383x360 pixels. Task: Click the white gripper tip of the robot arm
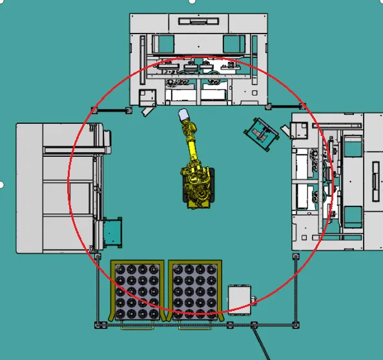[184, 115]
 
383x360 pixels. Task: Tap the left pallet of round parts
[136, 291]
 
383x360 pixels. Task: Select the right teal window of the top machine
[233, 45]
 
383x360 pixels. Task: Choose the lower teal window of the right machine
[353, 215]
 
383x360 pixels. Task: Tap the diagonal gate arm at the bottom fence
[261, 341]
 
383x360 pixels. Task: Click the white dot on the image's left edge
[2, 185]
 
